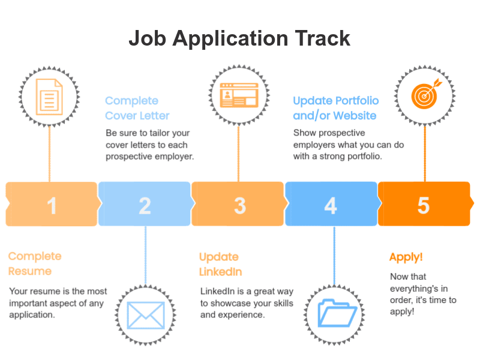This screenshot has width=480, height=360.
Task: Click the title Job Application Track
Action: click(239, 39)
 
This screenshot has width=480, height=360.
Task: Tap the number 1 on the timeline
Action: click(52, 205)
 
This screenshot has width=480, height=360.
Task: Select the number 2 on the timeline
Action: click(145, 205)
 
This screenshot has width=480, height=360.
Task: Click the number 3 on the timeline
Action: click(240, 205)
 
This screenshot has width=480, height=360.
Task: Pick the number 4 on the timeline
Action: click(331, 205)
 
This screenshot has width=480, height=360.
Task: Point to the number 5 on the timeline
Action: click(424, 205)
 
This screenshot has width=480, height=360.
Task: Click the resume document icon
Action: click(49, 97)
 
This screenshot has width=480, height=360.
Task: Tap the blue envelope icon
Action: click(146, 316)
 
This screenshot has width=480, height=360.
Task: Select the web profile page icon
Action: click(239, 95)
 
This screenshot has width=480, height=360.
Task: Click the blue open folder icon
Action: click(337, 313)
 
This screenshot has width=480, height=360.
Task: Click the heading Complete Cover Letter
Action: click(137, 108)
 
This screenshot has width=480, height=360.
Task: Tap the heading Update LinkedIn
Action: click(220, 264)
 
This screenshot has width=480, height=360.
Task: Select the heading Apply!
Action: click(406, 257)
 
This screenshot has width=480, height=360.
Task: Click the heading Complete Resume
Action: click(35, 263)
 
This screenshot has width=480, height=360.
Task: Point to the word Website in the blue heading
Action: click(355, 115)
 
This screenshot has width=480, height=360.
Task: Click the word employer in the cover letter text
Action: click(174, 157)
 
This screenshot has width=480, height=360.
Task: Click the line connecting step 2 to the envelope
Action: click(145, 256)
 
